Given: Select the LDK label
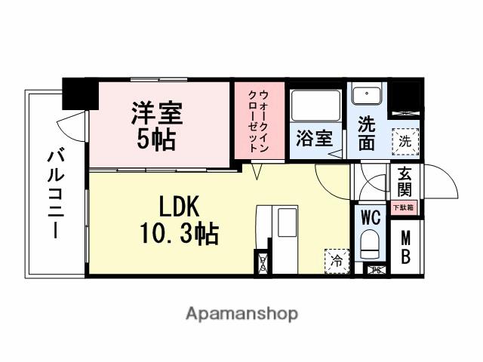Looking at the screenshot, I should point(178,206).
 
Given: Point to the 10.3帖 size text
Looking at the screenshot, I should point(178,235).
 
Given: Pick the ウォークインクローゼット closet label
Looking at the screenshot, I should point(258,121).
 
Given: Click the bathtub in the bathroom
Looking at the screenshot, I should point(315,106).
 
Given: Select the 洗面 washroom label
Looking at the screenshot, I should point(366,132).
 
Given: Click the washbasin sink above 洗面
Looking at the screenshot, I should point(367,96).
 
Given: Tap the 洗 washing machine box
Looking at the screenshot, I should point(405,140).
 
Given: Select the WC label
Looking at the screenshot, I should point(370,218).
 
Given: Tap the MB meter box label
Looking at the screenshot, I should point(406,247).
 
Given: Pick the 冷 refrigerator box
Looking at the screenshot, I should point(337,260).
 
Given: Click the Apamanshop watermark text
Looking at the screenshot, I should point(241,312).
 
